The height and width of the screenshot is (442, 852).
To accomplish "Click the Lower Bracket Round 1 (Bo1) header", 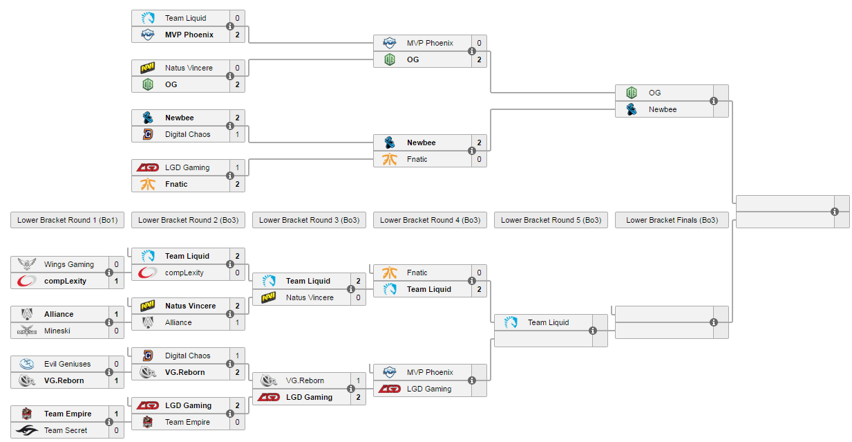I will point(67,220).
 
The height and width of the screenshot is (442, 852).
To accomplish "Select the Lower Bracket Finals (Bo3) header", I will point(672,220).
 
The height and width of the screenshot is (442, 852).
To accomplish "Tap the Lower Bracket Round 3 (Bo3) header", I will point(309,220).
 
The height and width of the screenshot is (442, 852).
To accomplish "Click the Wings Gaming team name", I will point(69,264).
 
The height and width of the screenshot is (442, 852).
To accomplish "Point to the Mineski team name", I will point(57,331).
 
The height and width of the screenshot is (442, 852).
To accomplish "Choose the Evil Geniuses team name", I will point(67,364).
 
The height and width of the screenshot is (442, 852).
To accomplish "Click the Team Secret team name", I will point(66,430).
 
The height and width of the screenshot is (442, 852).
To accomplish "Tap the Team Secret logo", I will point(26,430).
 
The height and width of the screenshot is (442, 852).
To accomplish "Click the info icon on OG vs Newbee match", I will point(714,101).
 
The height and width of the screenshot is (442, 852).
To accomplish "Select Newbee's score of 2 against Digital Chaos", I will point(237,118).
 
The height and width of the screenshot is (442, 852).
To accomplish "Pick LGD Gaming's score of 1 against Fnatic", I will point(237,167).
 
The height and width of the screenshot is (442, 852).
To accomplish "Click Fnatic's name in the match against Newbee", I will point(417,159).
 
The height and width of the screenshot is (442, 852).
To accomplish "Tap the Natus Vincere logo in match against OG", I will point(147,68).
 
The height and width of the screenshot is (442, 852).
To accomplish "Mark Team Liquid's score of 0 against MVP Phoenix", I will point(237,18).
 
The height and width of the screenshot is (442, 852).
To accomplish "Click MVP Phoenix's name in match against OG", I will point(430,43).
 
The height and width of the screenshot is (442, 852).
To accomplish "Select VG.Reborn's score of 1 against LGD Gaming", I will point(358,380).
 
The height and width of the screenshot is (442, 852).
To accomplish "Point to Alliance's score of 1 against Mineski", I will point(116,314).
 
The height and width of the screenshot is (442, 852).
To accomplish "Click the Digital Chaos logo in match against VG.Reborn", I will point(147,356).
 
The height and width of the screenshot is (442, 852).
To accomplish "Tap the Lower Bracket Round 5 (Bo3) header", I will point(551,220).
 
